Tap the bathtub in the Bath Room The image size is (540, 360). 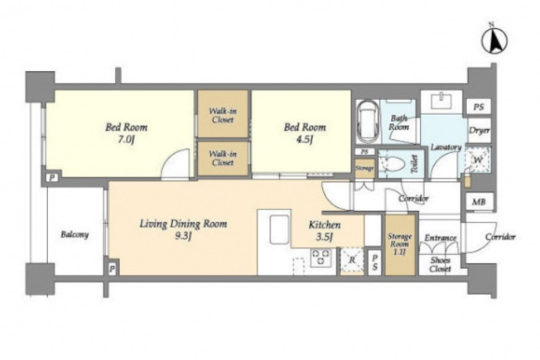pos(367,122)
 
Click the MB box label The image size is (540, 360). pos(479,202)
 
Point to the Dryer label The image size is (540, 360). pos(479,131)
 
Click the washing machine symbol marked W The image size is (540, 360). pos(477,160)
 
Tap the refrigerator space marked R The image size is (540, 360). pos(352,260)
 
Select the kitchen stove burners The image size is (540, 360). pos(321,257)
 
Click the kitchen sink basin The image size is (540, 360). pos(279,229)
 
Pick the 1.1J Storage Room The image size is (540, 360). pos(400,244)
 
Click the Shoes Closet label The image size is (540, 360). pos(440,265)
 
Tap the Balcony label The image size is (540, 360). pos(75,235)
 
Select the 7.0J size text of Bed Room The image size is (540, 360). pos(127,140)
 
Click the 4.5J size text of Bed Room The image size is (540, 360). pos(305,139)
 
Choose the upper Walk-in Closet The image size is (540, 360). pos(223,114)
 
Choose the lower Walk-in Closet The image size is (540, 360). pos(223,158)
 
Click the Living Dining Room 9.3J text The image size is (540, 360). pos(183,230)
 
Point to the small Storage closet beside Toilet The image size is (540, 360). pos(364,168)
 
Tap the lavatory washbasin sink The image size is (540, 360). pos(441,101)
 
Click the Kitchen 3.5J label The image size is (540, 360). pos(325,231)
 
